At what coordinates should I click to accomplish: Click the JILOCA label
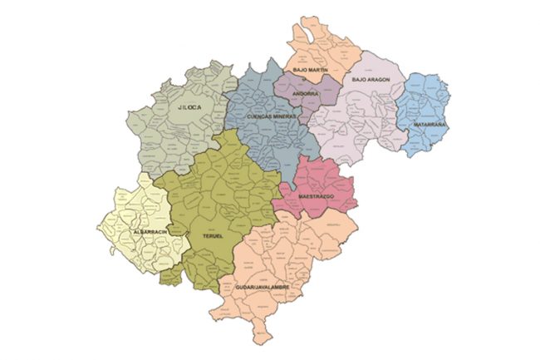[x=190, y=107]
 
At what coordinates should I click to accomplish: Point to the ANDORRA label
[x=305, y=94]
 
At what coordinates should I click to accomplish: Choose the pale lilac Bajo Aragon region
[x=357, y=116]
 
